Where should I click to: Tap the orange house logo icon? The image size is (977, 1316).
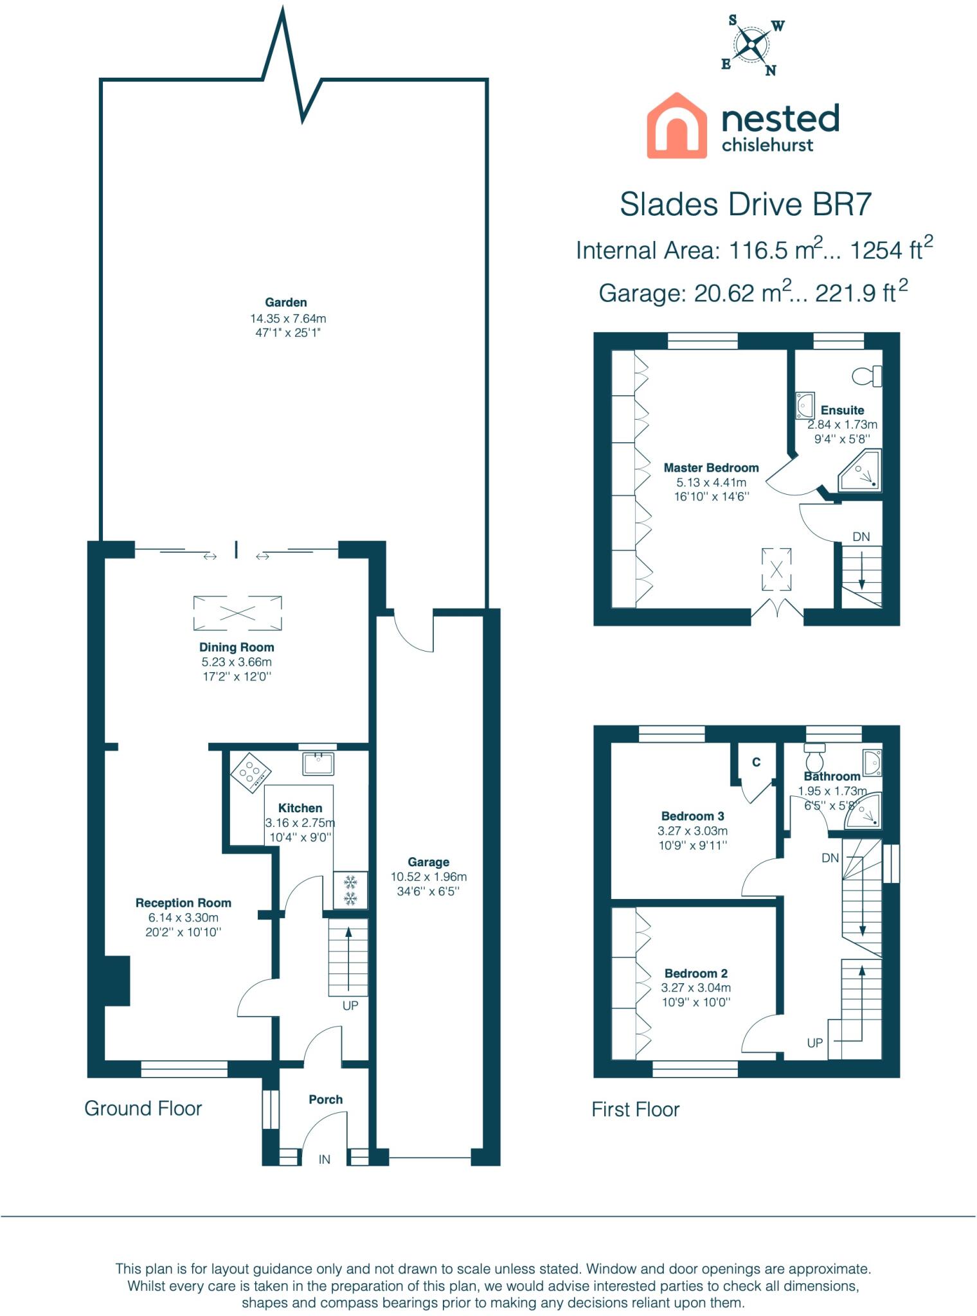click(677, 125)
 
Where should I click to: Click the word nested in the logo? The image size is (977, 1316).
click(780, 118)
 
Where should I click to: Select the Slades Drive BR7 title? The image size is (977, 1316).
click(746, 204)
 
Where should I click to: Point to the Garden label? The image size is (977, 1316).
click(286, 302)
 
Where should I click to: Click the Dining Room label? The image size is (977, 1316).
click(237, 647)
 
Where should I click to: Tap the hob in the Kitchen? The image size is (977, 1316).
click(250, 770)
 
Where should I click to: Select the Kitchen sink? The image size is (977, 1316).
click(318, 764)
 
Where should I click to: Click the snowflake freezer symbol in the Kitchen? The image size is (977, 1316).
click(350, 889)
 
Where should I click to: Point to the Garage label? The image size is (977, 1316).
click(428, 862)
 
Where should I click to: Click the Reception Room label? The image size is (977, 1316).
click(183, 903)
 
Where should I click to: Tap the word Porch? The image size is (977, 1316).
click(326, 1099)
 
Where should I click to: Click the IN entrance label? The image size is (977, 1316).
click(325, 1159)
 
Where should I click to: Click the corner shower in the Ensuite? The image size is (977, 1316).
click(860, 470)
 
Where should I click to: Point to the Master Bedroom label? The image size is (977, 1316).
click(711, 468)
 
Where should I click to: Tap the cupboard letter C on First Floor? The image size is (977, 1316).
click(757, 762)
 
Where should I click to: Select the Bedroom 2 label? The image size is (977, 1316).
click(696, 974)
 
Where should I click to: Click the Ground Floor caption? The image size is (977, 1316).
click(143, 1108)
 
